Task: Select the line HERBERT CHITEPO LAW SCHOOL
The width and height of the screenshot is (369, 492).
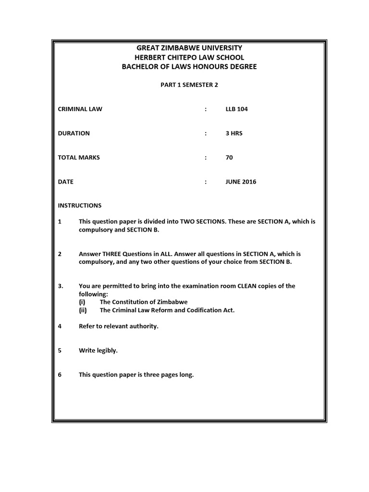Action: click(x=189, y=57)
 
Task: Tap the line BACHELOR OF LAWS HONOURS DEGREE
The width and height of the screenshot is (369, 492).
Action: click(x=189, y=67)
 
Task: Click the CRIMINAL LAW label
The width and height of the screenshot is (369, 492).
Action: click(x=80, y=109)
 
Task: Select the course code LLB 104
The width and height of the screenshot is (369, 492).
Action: click(x=236, y=109)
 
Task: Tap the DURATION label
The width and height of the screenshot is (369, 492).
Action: click(x=74, y=133)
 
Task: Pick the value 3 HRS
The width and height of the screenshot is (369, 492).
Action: click(x=234, y=133)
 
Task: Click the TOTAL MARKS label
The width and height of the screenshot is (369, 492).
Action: click(x=79, y=157)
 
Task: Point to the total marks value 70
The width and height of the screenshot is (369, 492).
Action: click(x=229, y=157)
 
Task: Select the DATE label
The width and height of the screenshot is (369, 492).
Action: click(x=66, y=182)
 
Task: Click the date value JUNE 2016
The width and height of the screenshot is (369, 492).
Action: click(x=241, y=182)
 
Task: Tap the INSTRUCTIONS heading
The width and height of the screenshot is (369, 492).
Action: click(x=80, y=205)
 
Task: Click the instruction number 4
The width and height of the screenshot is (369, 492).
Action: click(x=60, y=326)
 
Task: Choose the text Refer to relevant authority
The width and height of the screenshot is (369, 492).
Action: click(x=118, y=326)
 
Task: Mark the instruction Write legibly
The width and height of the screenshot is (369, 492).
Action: click(x=98, y=350)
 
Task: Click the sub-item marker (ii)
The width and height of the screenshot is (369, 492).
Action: click(x=84, y=310)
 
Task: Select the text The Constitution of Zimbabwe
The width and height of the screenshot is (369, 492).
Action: click(x=144, y=302)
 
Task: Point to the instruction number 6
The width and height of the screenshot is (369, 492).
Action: click(x=60, y=374)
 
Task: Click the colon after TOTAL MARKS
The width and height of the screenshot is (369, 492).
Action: click(x=206, y=157)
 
